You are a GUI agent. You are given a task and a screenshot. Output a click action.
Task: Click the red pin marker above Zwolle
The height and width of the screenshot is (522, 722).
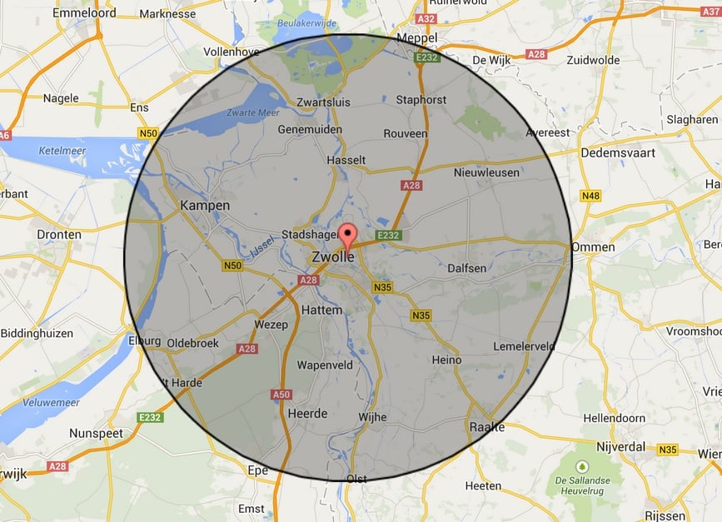click(348, 234)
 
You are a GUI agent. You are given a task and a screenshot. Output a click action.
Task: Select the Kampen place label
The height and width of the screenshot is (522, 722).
click(204, 206)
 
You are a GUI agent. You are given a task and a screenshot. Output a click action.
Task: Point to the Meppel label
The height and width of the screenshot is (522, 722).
click(417, 38)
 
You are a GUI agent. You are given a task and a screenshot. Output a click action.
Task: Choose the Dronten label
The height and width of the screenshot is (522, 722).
click(59, 235)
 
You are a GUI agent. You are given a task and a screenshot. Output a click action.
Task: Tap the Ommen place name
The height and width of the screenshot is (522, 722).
click(594, 247)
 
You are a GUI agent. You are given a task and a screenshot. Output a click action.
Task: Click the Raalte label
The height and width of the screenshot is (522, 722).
click(487, 426)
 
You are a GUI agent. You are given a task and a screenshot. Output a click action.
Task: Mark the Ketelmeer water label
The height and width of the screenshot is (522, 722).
click(63, 152)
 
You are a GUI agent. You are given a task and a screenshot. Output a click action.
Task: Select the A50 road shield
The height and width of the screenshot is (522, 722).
click(281, 395)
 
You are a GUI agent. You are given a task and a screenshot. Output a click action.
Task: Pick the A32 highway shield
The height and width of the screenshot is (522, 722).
click(426, 18)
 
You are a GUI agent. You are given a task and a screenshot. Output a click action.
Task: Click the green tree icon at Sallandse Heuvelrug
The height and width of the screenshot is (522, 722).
click(582, 465)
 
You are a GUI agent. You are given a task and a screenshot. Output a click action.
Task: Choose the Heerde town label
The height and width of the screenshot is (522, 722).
click(307, 414)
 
